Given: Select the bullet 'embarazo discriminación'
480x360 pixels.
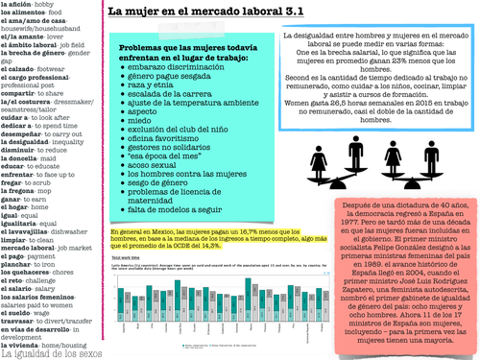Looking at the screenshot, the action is [177, 73].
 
